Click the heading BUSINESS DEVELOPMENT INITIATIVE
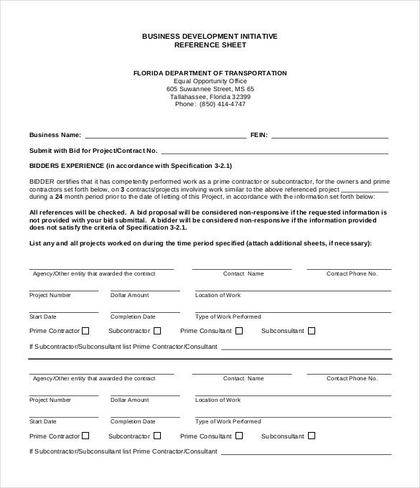(210, 35)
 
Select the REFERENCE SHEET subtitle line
(210, 44)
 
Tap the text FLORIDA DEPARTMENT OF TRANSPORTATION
(210, 73)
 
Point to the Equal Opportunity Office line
(210, 81)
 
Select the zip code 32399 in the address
(237, 97)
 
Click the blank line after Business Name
(165, 134)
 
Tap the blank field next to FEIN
(330, 134)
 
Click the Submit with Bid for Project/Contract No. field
(274, 151)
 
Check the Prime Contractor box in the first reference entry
(86, 331)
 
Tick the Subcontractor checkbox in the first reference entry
(157, 331)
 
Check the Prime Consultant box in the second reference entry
(239, 436)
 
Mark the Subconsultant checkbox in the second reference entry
(312, 436)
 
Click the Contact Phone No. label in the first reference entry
(349, 273)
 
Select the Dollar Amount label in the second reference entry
(129, 400)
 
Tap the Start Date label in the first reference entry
(42, 316)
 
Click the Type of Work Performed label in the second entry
(228, 421)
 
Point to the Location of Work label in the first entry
(218, 295)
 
